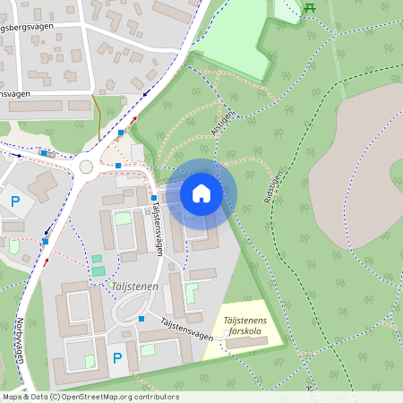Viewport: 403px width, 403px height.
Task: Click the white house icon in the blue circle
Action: (x=201, y=193)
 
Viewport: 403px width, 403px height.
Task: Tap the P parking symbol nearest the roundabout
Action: (x=15, y=202)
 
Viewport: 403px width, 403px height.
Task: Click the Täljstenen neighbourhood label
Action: (x=135, y=286)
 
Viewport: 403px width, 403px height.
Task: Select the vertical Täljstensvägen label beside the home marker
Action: (x=157, y=228)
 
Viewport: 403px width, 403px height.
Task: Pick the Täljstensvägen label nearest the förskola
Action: (x=188, y=329)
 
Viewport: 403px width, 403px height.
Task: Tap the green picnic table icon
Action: (x=310, y=8)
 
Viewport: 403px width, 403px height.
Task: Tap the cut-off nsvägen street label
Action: (x=15, y=93)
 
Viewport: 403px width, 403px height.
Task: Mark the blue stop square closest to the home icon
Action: (x=153, y=198)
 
